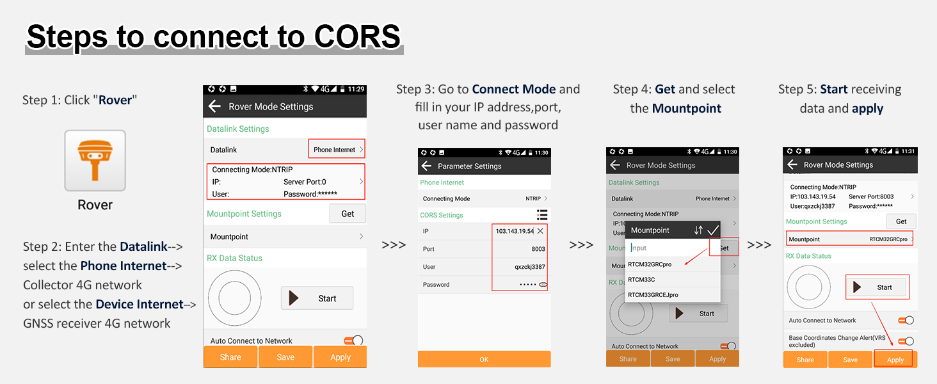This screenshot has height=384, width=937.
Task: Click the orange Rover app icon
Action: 95,160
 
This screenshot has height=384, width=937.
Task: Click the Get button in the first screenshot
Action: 348,214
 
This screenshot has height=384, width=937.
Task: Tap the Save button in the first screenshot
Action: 285,357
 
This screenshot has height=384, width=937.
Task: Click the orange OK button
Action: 484,359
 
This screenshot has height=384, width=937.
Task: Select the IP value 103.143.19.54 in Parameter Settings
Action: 515,231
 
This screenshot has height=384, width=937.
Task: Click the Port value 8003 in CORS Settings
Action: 538,249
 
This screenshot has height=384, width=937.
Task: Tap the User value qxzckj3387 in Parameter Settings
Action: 530,267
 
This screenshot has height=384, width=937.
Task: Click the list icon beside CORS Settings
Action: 542,215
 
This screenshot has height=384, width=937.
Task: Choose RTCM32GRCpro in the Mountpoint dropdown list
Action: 650,264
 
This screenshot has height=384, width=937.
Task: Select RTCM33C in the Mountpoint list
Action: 641,280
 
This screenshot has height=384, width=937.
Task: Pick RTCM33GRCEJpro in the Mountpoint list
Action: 653,295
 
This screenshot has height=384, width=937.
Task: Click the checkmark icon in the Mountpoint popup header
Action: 713,230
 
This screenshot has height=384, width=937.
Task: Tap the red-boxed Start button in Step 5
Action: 877,287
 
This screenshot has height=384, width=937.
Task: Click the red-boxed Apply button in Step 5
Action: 895,360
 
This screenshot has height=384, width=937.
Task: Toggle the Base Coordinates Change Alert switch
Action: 906,341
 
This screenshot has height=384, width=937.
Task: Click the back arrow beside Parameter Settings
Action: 426,166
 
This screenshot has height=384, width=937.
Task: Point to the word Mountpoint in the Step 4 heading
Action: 687,108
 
